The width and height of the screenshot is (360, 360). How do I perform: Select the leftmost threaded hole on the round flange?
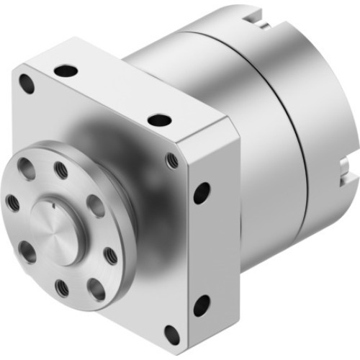click(x=12, y=202)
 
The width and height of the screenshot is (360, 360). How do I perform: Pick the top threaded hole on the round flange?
click(x=61, y=171)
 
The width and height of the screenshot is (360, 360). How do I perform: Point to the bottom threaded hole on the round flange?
click(x=63, y=288)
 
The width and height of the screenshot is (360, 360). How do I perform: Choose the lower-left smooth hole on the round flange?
click(x=27, y=252)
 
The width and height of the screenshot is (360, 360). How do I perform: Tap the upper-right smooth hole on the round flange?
click(x=96, y=206)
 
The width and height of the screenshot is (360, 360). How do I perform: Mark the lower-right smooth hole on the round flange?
click(x=96, y=289)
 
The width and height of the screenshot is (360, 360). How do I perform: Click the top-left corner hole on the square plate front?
click(x=27, y=84)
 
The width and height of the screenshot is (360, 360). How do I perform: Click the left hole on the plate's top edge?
click(x=66, y=71)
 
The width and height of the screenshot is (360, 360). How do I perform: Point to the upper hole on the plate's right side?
click(x=202, y=192)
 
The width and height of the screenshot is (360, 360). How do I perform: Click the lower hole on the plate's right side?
click(x=202, y=305)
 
